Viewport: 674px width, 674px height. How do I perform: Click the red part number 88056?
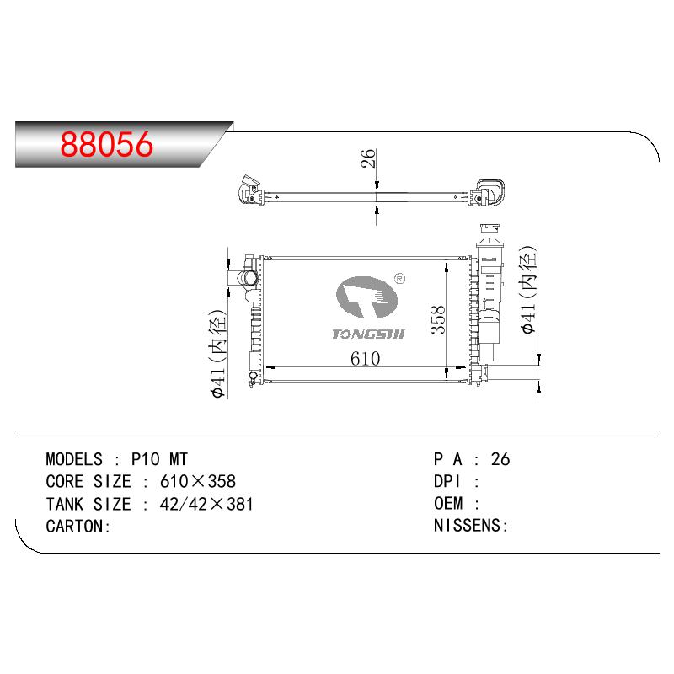pyautogui.click(x=107, y=144)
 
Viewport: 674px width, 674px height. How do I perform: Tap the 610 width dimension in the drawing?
pyautogui.click(x=365, y=359)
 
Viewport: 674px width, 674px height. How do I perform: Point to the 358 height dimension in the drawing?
pyautogui.click(x=438, y=320)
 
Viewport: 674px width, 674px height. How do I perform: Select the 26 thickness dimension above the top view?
pyautogui.click(x=368, y=158)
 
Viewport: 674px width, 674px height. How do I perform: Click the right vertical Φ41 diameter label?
pyautogui.click(x=528, y=290)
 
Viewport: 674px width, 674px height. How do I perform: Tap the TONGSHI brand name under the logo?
pyautogui.click(x=368, y=334)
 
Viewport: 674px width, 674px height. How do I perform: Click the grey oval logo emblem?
pyautogui.click(x=366, y=297)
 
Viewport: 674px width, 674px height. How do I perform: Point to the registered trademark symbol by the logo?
pyautogui.click(x=399, y=279)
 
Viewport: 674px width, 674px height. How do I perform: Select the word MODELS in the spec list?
pyautogui.click(x=74, y=459)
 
